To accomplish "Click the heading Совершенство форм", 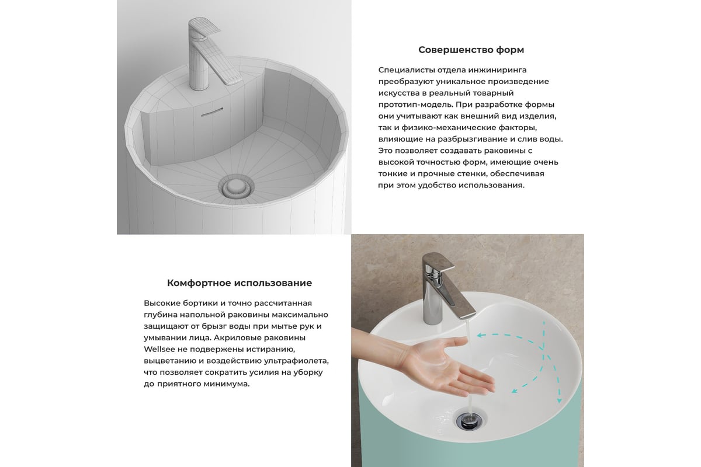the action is (x=471, y=50).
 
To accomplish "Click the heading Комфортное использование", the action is (x=240, y=283).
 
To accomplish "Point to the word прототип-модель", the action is (x=415, y=105).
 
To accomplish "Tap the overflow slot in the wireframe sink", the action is (x=213, y=112).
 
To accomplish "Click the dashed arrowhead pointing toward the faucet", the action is (x=480, y=336).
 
